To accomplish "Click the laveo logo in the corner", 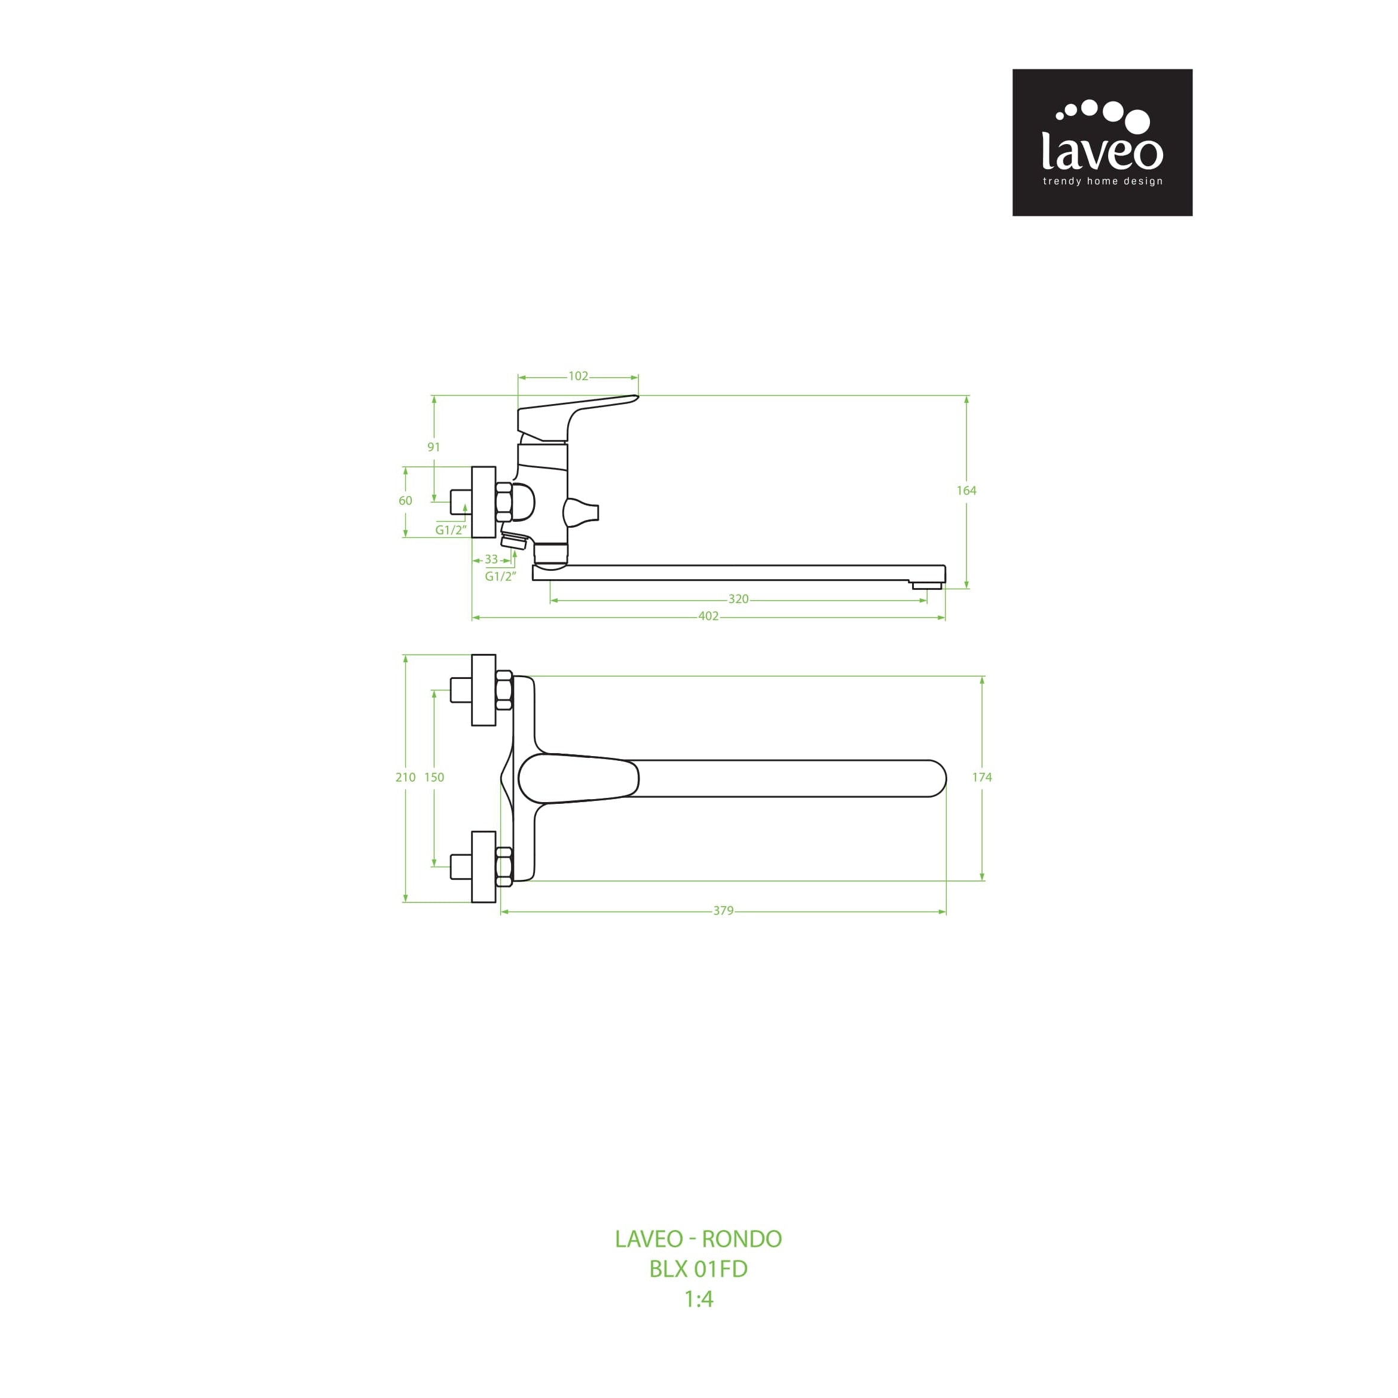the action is click(x=1102, y=143).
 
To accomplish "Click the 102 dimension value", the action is click(x=578, y=377).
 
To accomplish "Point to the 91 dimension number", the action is click(x=433, y=447).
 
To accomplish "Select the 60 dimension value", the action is click(x=405, y=501).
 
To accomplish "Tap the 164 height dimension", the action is click(x=966, y=491).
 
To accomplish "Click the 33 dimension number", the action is click(x=491, y=559).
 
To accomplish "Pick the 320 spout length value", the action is click(x=738, y=599).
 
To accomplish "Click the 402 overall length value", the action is click(x=708, y=616).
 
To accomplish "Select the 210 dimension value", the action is click(x=405, y=777).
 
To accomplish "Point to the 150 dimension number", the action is click(x=434, y=777).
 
